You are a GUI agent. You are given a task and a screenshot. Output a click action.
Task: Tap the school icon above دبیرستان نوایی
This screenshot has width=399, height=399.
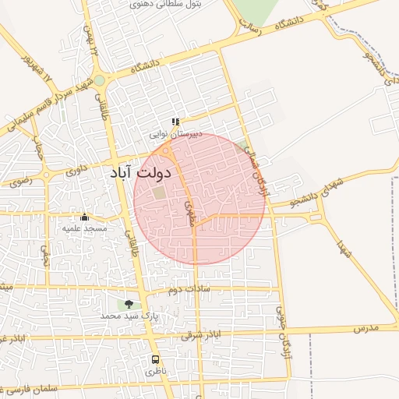point(175,122)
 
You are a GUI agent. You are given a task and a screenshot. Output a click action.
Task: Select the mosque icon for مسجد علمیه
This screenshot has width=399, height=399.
point(84,217)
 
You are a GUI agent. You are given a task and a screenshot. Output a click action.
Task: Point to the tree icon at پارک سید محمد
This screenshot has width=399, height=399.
point(129,305)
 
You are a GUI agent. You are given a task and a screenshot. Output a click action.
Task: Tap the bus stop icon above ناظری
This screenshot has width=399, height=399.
point(156,360)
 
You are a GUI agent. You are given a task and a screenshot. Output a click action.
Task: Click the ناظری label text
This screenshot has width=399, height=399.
point(156,372)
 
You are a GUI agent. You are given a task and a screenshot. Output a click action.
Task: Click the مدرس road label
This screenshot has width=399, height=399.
point(365,328)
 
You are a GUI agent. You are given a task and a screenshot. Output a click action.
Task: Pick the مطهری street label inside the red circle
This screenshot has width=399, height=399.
point(189,214)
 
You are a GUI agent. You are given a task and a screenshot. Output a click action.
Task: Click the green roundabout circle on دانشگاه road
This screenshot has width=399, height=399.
point(100,80)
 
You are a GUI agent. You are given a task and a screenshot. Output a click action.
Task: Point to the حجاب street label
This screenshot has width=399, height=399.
point(37,144)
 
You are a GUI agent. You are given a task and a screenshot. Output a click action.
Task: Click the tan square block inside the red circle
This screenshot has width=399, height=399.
point(159,192)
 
